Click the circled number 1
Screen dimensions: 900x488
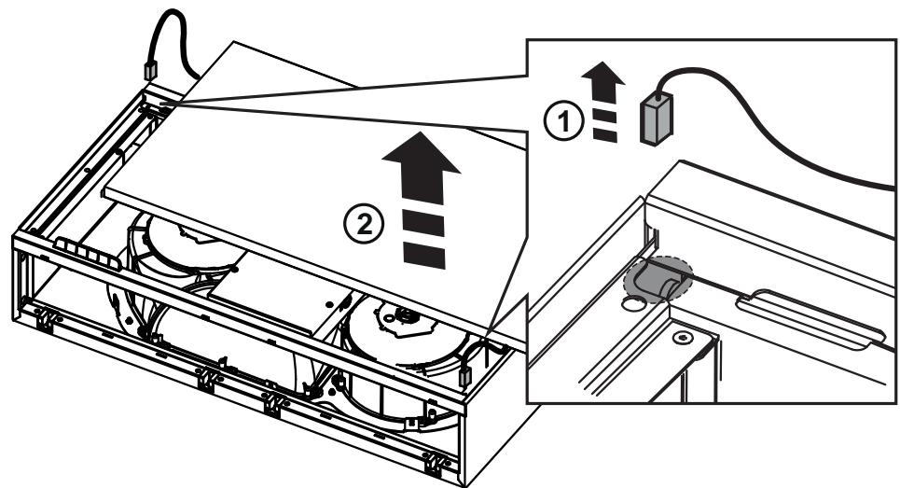[563, 121]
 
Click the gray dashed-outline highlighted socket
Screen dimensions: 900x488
[658, 277]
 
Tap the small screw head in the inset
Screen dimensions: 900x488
[682, 338]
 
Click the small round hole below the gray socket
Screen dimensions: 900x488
[632, 302]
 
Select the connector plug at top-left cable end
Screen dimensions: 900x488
[150, 71]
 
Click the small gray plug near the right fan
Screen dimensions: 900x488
[465, 376]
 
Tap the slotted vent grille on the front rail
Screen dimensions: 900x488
[89, 253]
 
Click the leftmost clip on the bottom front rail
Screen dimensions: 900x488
[47, 318]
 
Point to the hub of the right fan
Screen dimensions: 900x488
[408, 314]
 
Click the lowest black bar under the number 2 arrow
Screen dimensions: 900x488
[424, 255]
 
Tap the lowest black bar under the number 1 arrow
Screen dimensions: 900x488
[605, 135]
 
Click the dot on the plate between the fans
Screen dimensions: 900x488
[329, 302]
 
